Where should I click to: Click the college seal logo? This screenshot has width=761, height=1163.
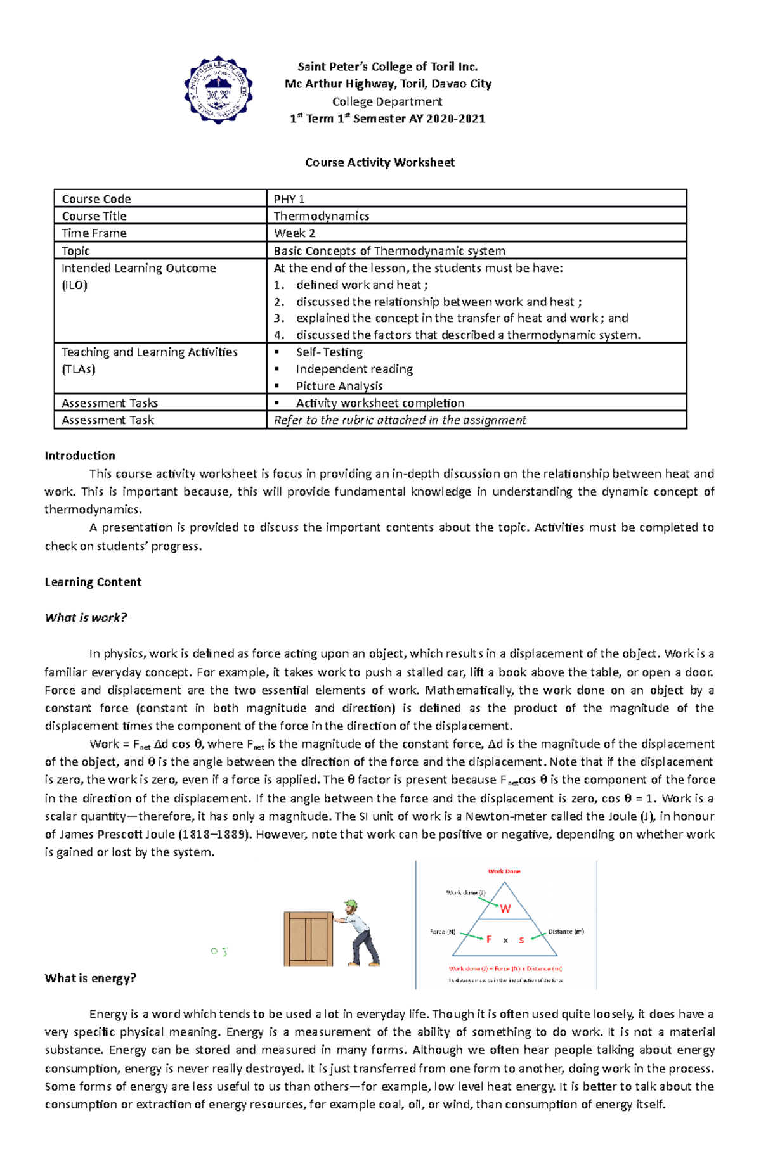point(218,90)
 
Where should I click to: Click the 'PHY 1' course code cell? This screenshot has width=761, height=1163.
point(289,199)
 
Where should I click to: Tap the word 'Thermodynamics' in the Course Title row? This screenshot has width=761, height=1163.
point(321,216)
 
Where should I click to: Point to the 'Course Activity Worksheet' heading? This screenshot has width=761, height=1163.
point(380,162)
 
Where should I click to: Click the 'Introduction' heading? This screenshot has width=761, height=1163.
point(80,456)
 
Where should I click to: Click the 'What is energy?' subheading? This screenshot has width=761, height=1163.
point(90,978)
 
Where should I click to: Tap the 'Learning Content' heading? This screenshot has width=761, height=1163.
point(93,582)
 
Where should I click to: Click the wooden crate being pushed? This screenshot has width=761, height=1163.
point(308,939)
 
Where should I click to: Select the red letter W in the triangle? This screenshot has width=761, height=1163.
point(505,908)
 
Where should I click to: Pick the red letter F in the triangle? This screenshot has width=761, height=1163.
point(489,939)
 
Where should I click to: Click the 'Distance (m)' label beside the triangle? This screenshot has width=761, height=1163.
point(566,932)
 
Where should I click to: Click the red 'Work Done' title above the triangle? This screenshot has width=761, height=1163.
point(504,871)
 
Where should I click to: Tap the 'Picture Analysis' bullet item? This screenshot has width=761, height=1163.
point(339,386)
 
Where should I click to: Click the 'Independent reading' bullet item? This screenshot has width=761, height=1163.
point(354,369)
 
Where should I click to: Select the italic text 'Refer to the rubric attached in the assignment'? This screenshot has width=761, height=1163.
point(400,420)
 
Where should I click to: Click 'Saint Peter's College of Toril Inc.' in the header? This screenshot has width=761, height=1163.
point(387,67)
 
